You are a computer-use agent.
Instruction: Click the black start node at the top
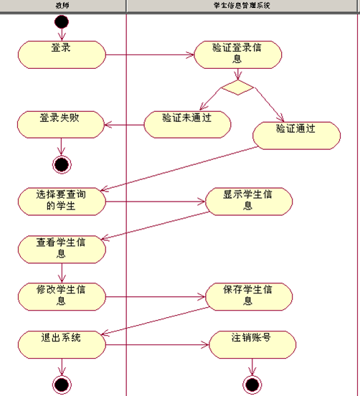[62, 21]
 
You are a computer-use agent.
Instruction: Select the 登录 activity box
[62, 53]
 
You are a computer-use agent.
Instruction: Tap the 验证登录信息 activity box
[237, 54]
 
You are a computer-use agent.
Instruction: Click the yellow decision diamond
[237, 88]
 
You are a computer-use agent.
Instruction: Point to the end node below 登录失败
[62, 164]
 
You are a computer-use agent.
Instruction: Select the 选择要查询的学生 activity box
[62, 201]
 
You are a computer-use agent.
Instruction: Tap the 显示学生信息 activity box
[248, 201]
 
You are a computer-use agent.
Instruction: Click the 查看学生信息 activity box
[62, 248]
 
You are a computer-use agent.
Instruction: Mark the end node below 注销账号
[252, 385]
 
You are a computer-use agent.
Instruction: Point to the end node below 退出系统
[62, 385]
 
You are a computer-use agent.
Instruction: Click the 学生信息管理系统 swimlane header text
[243, 5]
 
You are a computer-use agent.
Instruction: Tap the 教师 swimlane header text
[63, 5]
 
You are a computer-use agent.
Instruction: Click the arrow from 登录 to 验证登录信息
[150, 55]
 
